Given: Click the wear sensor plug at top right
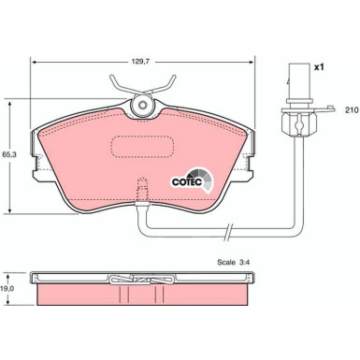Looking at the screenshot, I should (290, 80).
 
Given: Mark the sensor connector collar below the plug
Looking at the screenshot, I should (291, 120).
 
